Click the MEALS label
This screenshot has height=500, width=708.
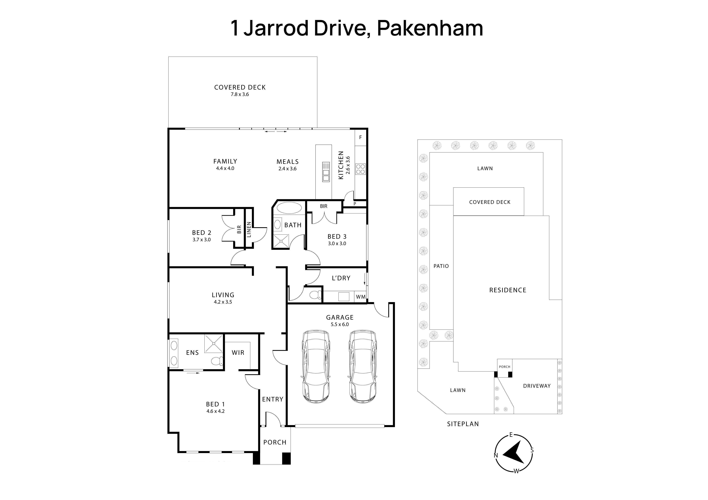pyautogui.click(x=287, y=162)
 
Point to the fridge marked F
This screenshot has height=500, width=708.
pyautogui.click(x=360, y=137)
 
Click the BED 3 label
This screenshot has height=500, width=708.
pyautogui.click(x=337, y=237)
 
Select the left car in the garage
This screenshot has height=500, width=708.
pyautogui.click(x=316, y=367)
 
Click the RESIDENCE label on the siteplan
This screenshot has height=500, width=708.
pyautogui.click(x=508, y=290)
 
